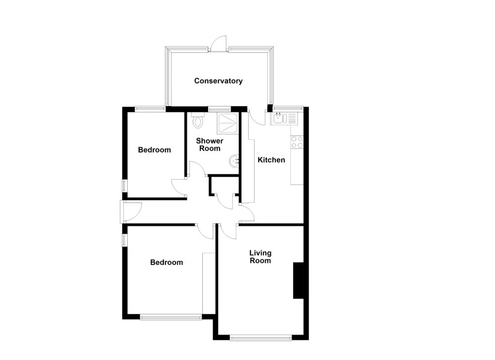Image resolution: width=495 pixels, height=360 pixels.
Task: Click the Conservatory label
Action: pyautogui.click(x=218, y=81)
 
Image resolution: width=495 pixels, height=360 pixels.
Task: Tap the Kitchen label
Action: pyautogui.click(x=271, y=160)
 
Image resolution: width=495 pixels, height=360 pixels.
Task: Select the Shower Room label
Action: pyautogui.click(x=210, y=145)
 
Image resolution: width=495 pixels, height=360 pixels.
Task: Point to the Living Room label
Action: pyautogui.click(x=260, y=257)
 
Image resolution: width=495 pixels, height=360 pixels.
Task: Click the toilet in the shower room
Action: pyautogui.click(x=198, y=120)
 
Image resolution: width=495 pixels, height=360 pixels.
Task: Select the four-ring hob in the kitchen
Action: pyautogui.click(x=297, y=142)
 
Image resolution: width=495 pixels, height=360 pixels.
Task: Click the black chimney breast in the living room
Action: pyautogui.click(x=298, y=280)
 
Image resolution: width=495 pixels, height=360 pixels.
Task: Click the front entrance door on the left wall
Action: pyautogui.click(x=130, y=212)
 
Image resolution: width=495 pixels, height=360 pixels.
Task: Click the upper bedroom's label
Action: pyautogui.click(x=154, y=150)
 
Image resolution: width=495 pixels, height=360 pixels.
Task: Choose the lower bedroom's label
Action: pyautogui.click(x=166, y=262)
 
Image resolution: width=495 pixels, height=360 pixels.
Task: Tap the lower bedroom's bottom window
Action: pyautogui.click(x=171, y=316)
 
